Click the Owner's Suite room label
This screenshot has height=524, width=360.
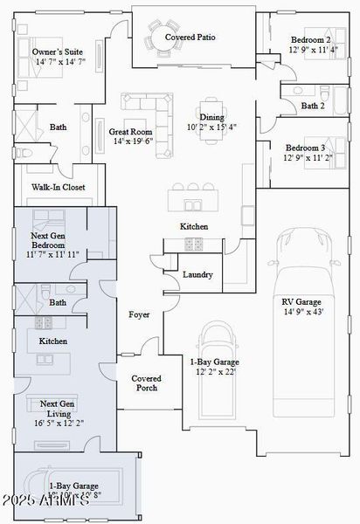click(53, 52)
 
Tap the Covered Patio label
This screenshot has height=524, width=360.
click(190, 38)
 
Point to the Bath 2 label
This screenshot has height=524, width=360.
click(313, 106)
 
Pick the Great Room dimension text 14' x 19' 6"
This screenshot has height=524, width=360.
click(131, 141)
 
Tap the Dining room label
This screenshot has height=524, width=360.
click(211, 117)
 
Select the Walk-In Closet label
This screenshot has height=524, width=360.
click(59, 187)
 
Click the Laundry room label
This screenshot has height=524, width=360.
click(198, 274)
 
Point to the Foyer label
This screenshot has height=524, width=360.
click(140, 314)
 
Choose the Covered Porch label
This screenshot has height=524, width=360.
click(146, 383)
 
